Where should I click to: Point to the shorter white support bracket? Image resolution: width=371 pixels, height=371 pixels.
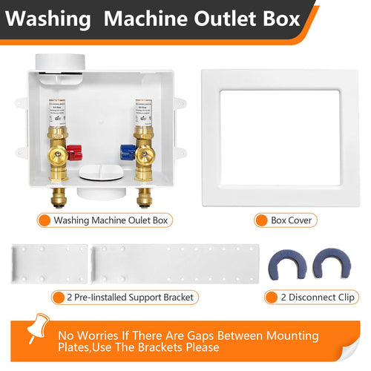[50, 261]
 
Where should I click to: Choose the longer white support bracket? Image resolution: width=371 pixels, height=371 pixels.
[174, 261]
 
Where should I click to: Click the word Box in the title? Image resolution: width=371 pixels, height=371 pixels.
[275, 17]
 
